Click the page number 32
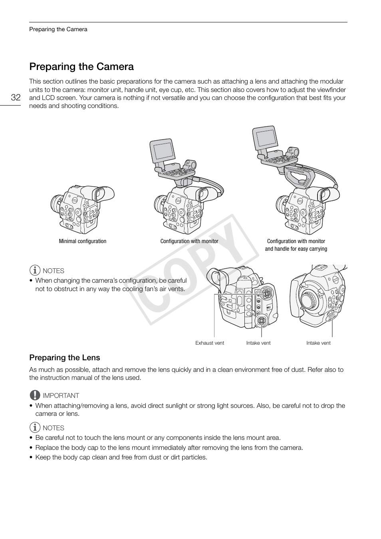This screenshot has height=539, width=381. coord(16,98)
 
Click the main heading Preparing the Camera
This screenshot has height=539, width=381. coord(81,66)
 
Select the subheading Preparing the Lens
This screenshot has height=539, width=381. coord(64,357)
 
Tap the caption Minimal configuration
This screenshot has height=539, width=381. coord(83,241)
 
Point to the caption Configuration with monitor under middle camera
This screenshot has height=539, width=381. coord(189,241)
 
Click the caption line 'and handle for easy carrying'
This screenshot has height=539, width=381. coord(296,249)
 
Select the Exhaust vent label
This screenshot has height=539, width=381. coord(210,343)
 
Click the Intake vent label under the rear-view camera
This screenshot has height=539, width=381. coord(258,343)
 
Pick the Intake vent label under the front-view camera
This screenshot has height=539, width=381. coord(318,343)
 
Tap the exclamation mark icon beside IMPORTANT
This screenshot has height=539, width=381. coord(35,395)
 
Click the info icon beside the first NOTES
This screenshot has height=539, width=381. coord(35,271)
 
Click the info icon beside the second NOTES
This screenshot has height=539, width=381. coord(35,427)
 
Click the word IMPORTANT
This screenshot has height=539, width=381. coord(61,395)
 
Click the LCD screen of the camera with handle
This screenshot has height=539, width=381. coord(266,138)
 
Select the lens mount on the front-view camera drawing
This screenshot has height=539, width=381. coord(310,300)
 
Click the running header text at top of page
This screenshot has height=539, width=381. coord(58,29)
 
